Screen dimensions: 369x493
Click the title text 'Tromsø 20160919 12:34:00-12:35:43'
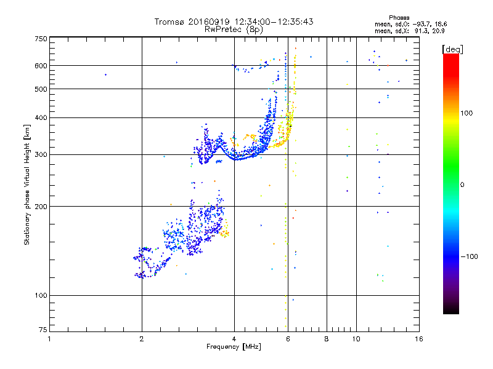coord(234,22)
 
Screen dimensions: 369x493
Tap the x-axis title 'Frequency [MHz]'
coord(234,347)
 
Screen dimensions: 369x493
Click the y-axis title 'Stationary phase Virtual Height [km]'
coord(27,184)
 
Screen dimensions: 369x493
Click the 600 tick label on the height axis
coord(41,65)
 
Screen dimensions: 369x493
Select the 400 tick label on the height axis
coord(41,117)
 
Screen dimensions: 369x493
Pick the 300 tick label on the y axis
coord(41,154)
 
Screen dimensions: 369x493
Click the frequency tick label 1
coord(49,339)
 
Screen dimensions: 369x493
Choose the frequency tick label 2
coord(142,339)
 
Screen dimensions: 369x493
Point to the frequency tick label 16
coord(418,339)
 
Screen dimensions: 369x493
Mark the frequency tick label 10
coord(356,339)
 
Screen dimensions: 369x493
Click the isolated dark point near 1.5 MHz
coord(105,74)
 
